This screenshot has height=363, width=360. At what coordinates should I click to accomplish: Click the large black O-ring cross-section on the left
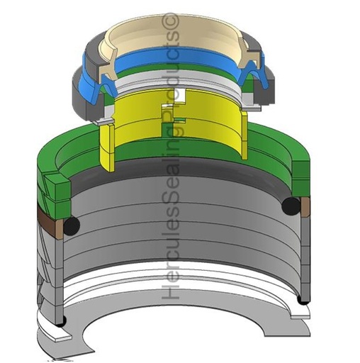(x=72, y=226)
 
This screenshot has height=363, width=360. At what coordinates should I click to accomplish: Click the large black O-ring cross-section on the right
(x=291, y=206)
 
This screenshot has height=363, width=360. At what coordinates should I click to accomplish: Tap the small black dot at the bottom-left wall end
(x=62, y=323)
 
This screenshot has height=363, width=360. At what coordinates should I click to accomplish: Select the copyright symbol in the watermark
(x=171, y=23)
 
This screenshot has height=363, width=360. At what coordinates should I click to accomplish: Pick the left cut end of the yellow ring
(x=107, y=147)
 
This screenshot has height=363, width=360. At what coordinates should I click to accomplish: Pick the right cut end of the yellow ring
(x=244, y=135)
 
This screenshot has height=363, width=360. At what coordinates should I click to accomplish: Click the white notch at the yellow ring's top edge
(x=181, y=95)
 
